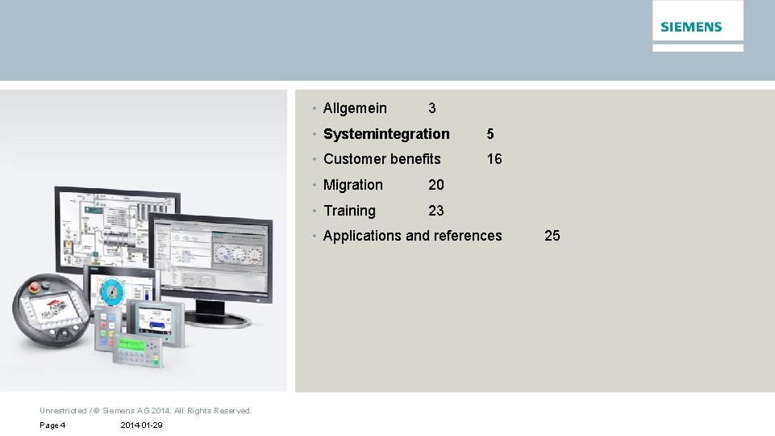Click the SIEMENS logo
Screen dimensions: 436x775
691,27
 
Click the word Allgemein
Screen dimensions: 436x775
355,108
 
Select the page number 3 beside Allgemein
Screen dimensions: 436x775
432,108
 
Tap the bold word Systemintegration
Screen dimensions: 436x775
386,134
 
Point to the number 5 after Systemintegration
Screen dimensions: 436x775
490,134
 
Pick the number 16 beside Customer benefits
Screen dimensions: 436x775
494,159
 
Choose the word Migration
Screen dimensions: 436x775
353,185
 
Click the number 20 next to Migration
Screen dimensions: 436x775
436,185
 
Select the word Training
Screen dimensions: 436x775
349,211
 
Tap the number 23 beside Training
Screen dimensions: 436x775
436,211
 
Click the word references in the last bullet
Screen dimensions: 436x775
468,236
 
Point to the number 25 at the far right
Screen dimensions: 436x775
552,236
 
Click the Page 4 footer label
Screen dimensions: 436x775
52,426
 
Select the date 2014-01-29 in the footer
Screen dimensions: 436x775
141,426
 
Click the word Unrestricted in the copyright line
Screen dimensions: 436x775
63,411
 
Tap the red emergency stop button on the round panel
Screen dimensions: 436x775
35,287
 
